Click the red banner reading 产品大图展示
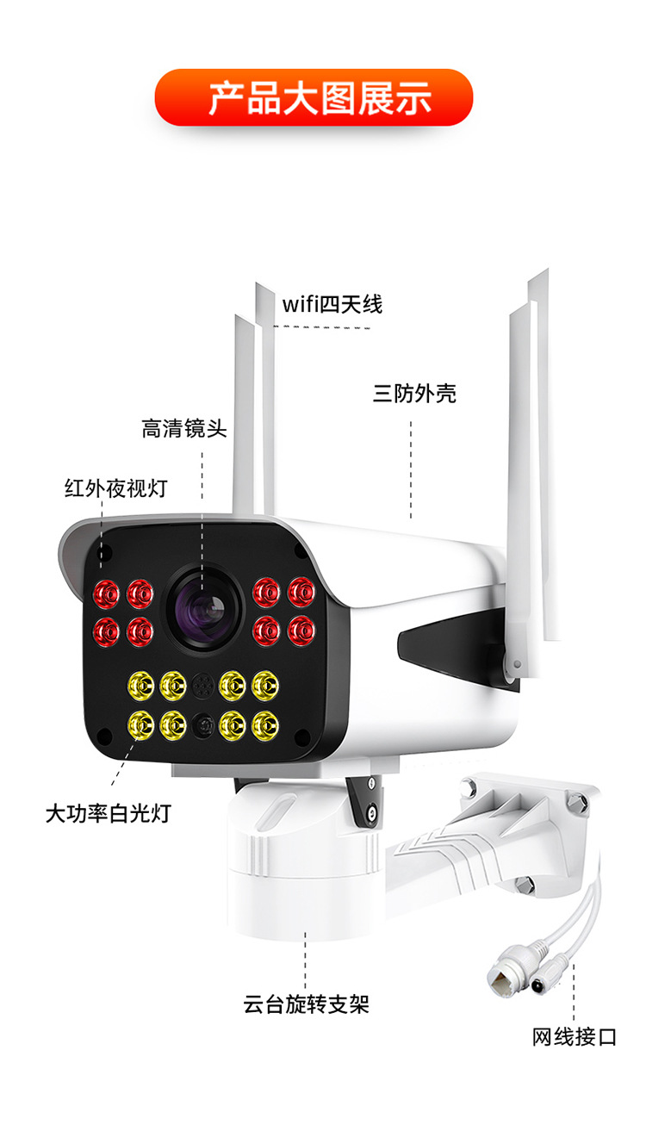click(x=314, y=97)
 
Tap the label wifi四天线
click(x=332, y=304)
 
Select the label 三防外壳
click(x=414, y=394)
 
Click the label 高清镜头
click(x=184, y=429)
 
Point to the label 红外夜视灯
click(x=115, y=488)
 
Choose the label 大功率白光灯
click(x=109, y=813)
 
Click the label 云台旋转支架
click(x=306, y=1015)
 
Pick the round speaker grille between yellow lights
click(x=203, y=687)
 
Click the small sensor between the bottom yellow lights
click(x=203, y=725)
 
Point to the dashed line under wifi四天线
click(x=322, y=327)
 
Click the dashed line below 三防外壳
click(x=411, y=469)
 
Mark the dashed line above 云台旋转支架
click(x=305, y=960)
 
